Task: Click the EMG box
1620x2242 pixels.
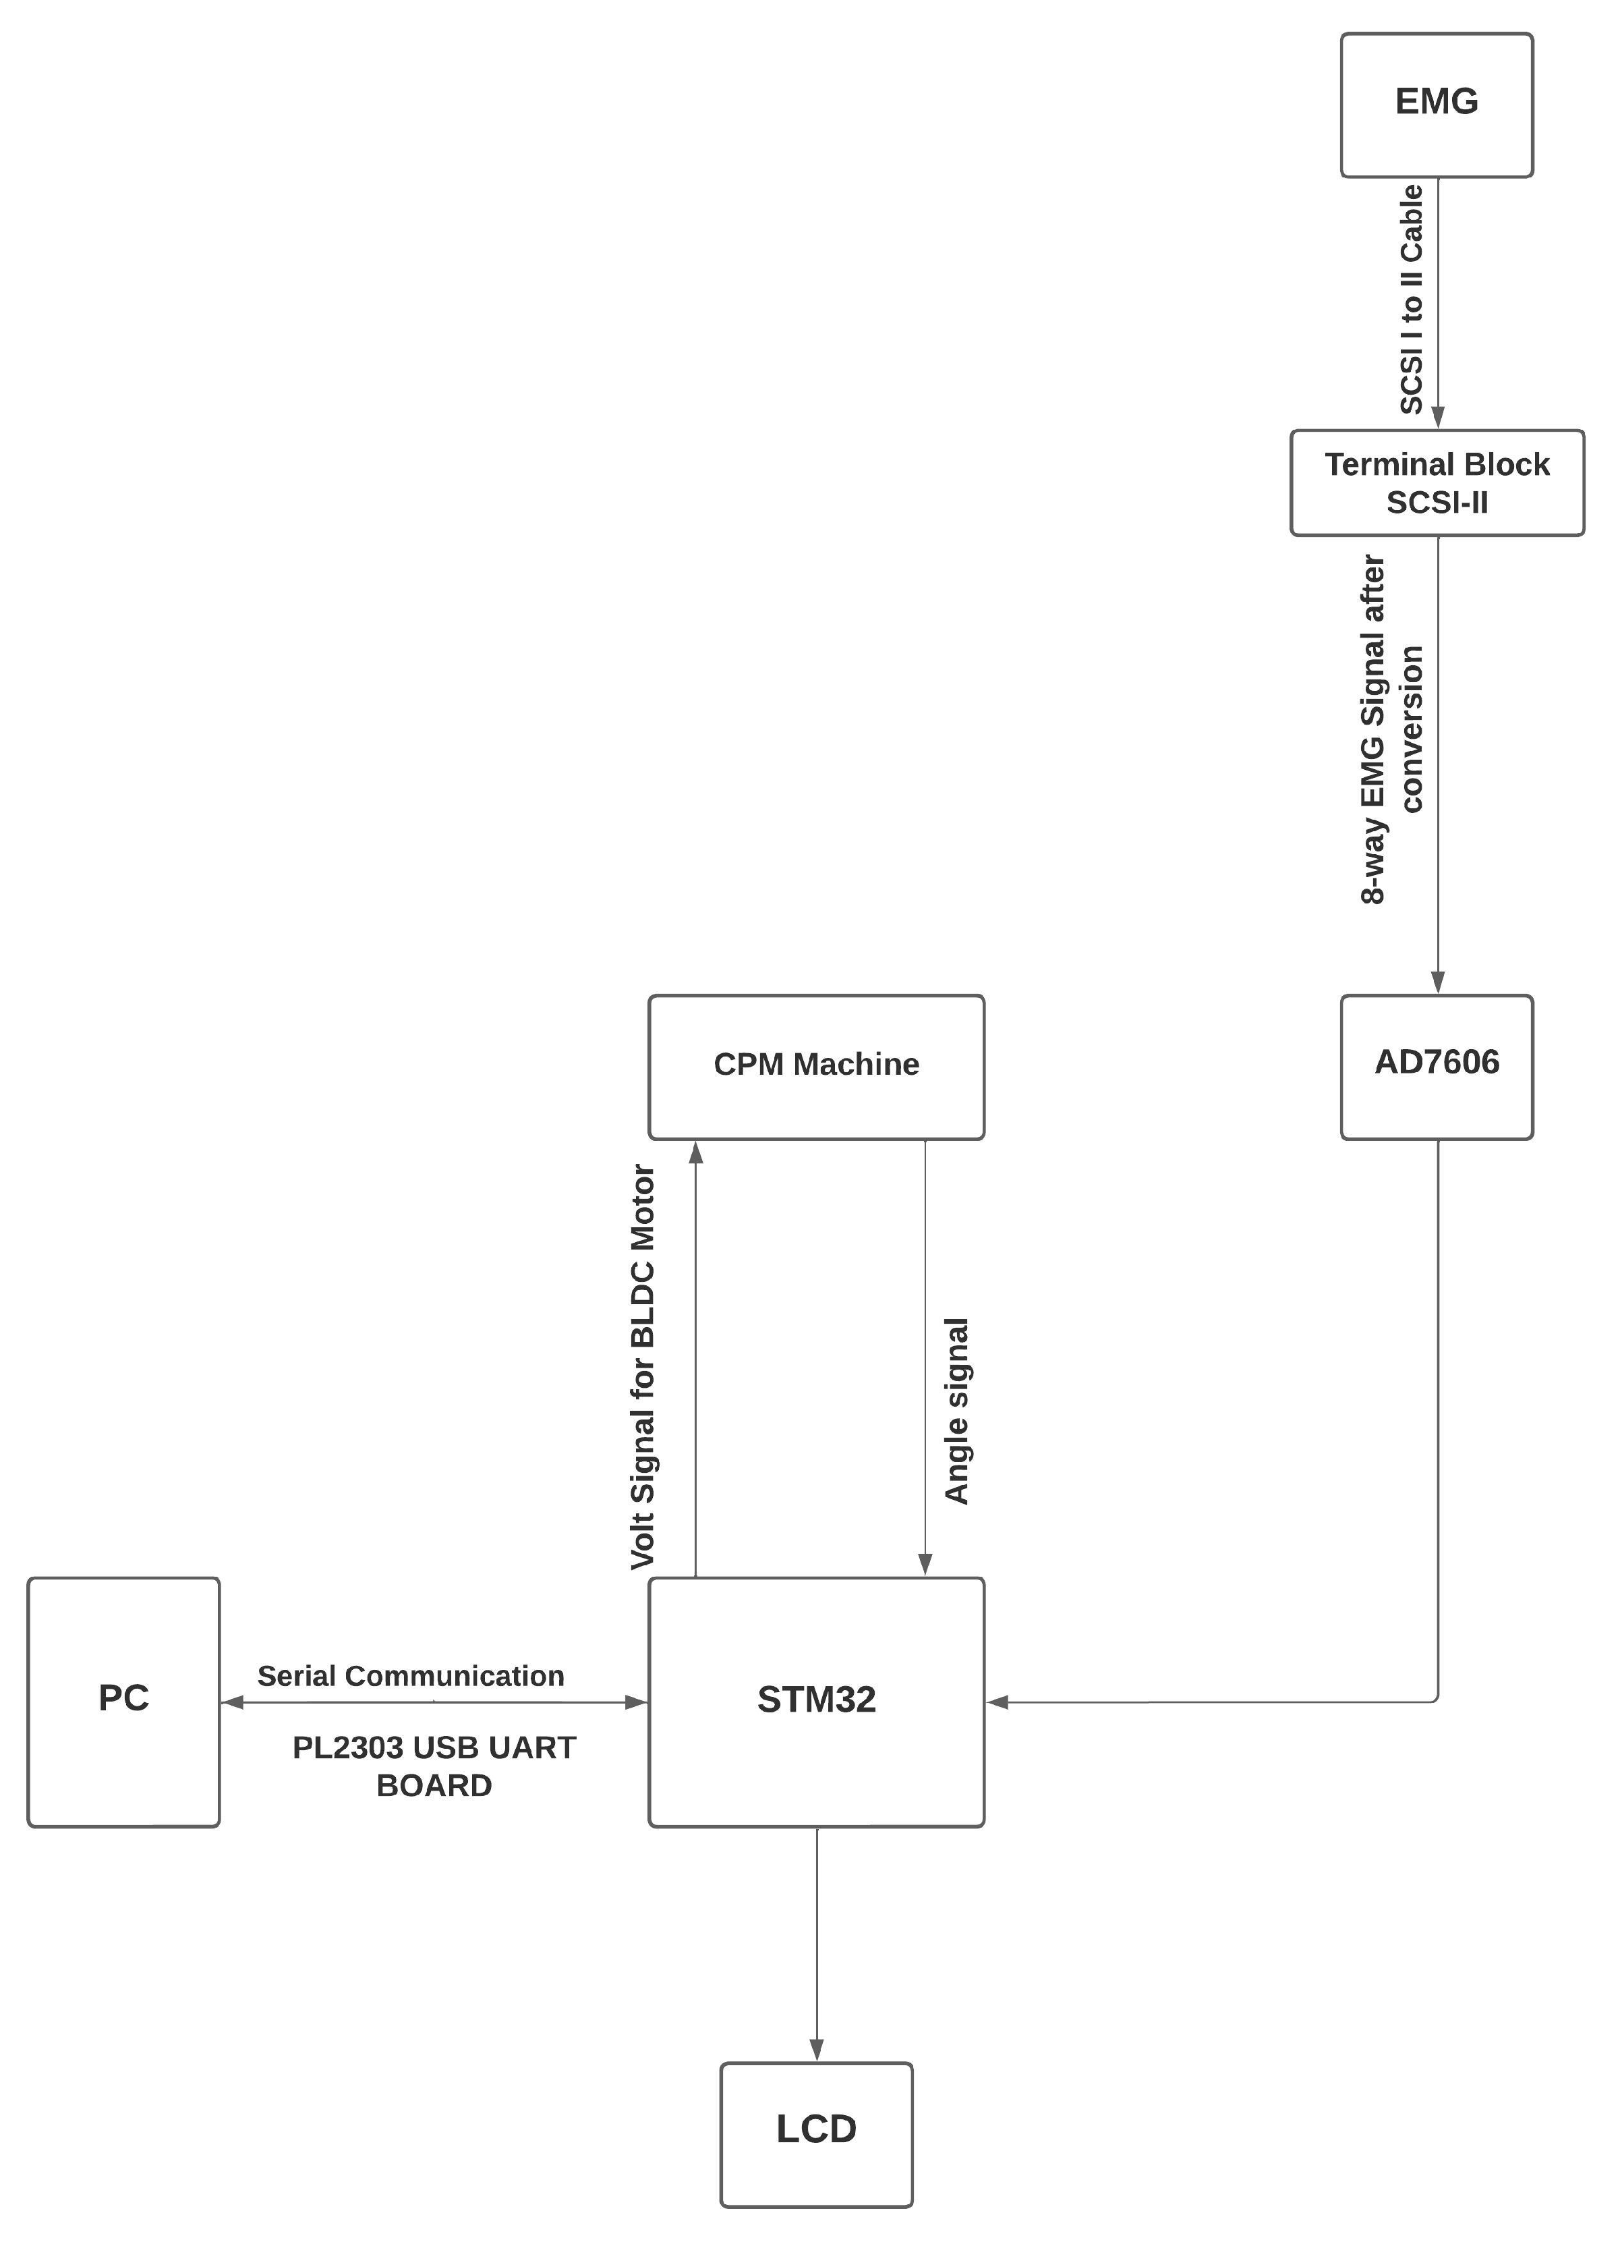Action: pyautogui.click(x=1436, y=105)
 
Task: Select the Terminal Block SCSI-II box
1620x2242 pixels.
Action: pyautogui.click(x=1436, y=482)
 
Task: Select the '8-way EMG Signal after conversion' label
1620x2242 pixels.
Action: pyautogui.click(x=1391, y=729)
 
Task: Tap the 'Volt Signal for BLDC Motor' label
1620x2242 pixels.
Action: pyautogui.click(x=643, y=1367)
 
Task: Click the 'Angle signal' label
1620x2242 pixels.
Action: pyautogui.click(x=956, y=1411)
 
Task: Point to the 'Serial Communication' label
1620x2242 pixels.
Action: pyautogui.click(x=410, y=1675)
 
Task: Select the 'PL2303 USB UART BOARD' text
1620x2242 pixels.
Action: pyautogui.click(x=434, y=1766)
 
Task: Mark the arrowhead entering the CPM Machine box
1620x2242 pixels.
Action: pyautogui.click(x=696, y=1152)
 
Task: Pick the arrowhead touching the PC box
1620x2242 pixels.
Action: pyautogui.click(x=233, y=1702)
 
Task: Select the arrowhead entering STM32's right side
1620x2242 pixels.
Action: pyautogui.click(x=998, y=1702)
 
